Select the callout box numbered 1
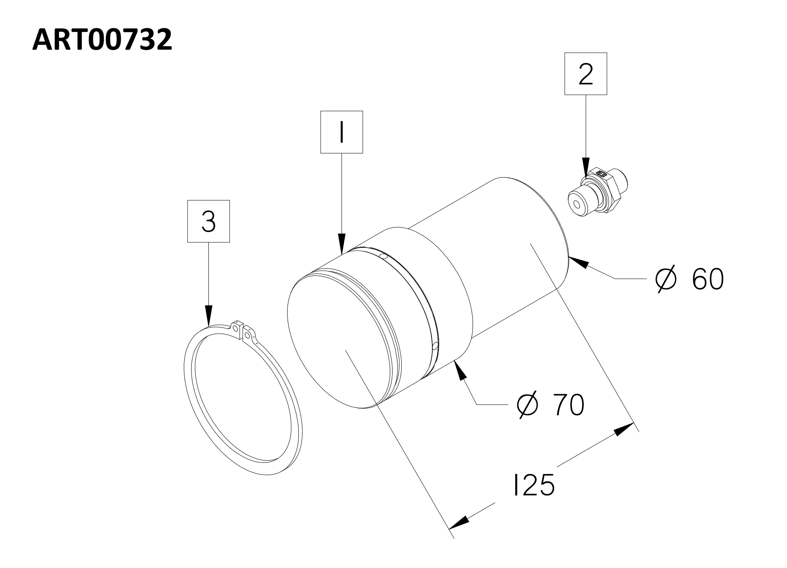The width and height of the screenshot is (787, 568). pos(341,132)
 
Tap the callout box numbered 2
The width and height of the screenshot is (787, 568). pos(585,74)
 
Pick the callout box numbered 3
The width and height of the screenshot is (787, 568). pos(208,221)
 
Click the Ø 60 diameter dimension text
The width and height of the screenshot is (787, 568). pos(689,279)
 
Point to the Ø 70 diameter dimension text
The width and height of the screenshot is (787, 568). pos(550,405)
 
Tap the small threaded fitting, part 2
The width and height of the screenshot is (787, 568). pos(597,192)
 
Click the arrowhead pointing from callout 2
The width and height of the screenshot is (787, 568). pos(585,167)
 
